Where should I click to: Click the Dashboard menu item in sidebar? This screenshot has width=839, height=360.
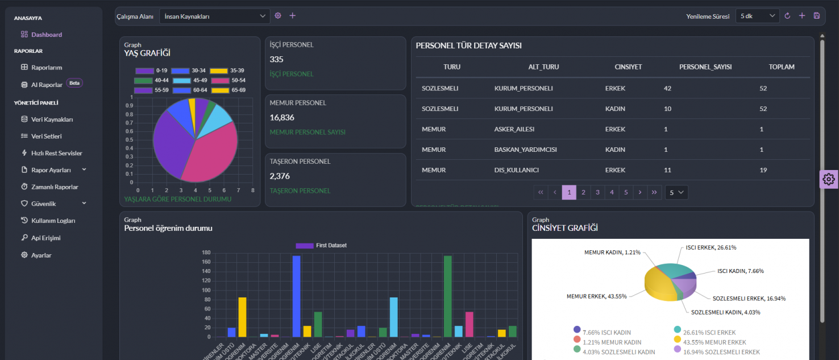[x=46, y=35]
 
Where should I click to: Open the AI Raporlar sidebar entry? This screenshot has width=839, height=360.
[x=47, y=85]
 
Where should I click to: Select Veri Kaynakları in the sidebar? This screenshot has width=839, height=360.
[x=52, y=119]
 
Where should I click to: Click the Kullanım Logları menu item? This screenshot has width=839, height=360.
[x=53, y=221]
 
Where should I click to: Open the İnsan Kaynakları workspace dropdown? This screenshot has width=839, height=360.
[x=214, y=16]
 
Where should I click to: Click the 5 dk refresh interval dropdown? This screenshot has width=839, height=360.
[x=757, y=16]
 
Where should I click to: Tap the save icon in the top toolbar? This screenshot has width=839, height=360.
[x=817, y=16]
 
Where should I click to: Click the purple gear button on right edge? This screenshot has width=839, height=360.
[x=828, y=179]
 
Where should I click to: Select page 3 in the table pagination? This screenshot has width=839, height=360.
[x=597, y=193]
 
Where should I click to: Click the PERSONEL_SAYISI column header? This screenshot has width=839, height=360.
[x=705, y=67]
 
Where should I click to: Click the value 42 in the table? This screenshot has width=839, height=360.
[x=667, y=88]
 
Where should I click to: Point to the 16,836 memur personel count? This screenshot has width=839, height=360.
[x=281, y=118]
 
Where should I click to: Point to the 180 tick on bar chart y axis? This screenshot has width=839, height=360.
[x=206, y=253]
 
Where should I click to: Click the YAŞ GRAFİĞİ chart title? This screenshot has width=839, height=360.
[x=147, y=53]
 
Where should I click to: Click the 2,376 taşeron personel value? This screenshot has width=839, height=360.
[x=280, y=176]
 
